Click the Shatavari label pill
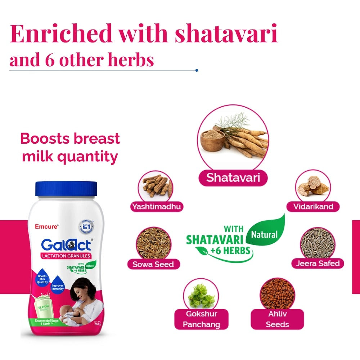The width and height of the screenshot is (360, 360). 233,177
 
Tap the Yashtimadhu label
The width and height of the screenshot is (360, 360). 156,207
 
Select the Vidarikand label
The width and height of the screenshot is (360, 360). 313,207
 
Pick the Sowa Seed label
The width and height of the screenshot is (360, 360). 153,264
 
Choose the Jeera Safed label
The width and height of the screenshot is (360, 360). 318,264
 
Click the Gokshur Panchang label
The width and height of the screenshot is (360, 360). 201,319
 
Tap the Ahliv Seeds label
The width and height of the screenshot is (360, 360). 277,319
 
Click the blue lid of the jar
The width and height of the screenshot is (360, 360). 66,189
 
